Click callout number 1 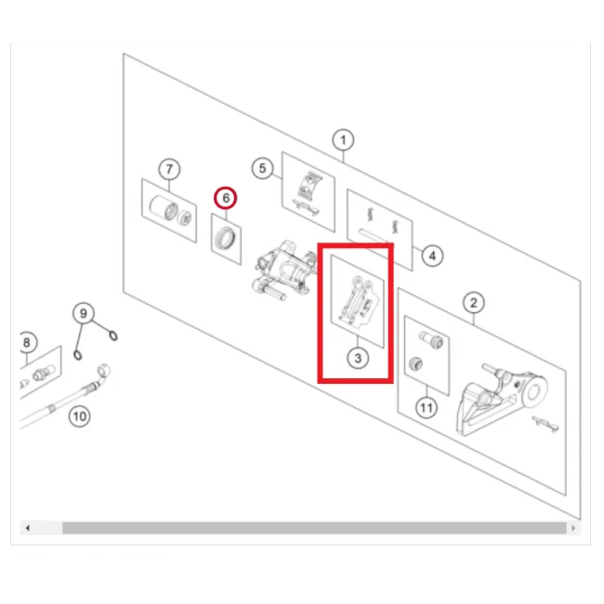[x=343, y=139]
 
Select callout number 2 [x=473, y=303]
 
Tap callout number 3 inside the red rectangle [x=358, y=359]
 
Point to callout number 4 [x=432, y=256]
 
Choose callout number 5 [x=262, y=168]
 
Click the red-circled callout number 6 [x=226, y=198]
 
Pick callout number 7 [x=169, y=169]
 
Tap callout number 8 [x=27, y=342]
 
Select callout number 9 [x=84, y=313]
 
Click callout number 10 [x=80, y=416]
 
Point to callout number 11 [x=427, y=408]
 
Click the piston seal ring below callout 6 [x=227, y=239]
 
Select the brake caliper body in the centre [x=282, y=270]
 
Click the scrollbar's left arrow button [x=27, y=528]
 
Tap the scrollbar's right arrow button [x=573, y=528]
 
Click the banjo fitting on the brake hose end [x=104, y=372]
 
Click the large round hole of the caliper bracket [x=534, y=392]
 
